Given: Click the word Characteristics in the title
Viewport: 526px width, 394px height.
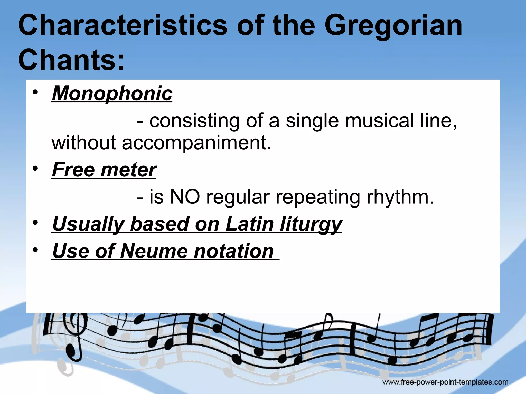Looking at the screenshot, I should pyautogui.click(x=123, y=25).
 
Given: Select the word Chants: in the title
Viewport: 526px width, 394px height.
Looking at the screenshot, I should pyautogui.click(x=71, y=60).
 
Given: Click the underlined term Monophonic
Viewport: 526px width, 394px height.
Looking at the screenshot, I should pyautogui.click(x=112, y=93).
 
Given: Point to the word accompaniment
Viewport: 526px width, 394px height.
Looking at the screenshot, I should pyautogui.click(x=196, y=143).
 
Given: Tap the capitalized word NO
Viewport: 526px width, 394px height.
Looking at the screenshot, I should pyautogui.click(x=185, y=197).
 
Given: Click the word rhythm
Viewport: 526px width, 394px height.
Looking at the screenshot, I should pyautogui.click(x=400, y=197).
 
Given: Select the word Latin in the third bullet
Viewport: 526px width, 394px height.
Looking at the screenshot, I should pyautogui.click(x=249, y=224).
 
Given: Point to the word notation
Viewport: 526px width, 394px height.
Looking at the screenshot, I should pyautogui.click(x=233, y=251).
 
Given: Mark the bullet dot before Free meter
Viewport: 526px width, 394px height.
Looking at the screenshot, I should pyautogui.click(x=35, y=169).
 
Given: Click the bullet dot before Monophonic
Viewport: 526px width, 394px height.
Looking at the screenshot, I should pyautogui.click(x=35, y=92).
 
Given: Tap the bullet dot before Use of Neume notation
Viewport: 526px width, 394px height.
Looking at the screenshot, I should pyautogui.click(x=35, y=250).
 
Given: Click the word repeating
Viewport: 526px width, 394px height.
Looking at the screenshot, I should pyautogui.click(x=318, y=198).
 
